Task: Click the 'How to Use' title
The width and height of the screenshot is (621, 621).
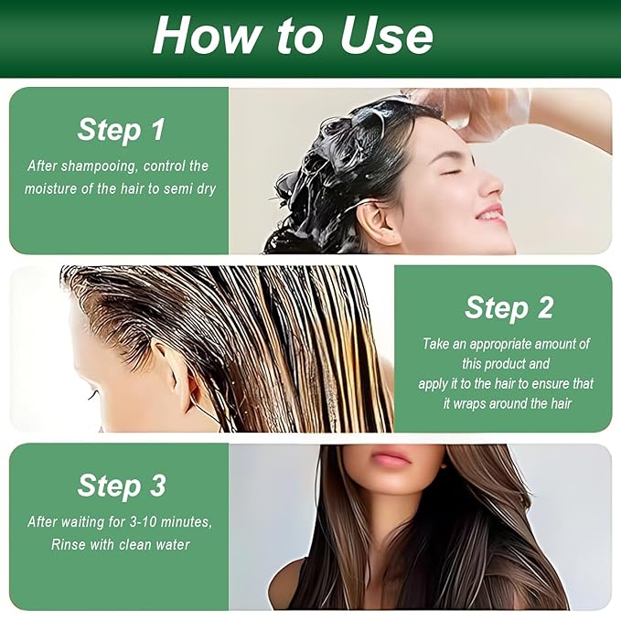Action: (x=293, y=35)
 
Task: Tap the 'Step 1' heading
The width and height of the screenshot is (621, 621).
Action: (x=121, y=129)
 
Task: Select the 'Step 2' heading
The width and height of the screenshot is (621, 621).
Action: (x=509, y=307)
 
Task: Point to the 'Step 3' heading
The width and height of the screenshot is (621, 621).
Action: (x=121, y=486)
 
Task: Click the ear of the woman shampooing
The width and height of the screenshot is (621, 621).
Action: (x=369, y=222)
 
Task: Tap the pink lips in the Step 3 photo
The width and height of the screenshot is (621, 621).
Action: (x=391, y=458)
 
